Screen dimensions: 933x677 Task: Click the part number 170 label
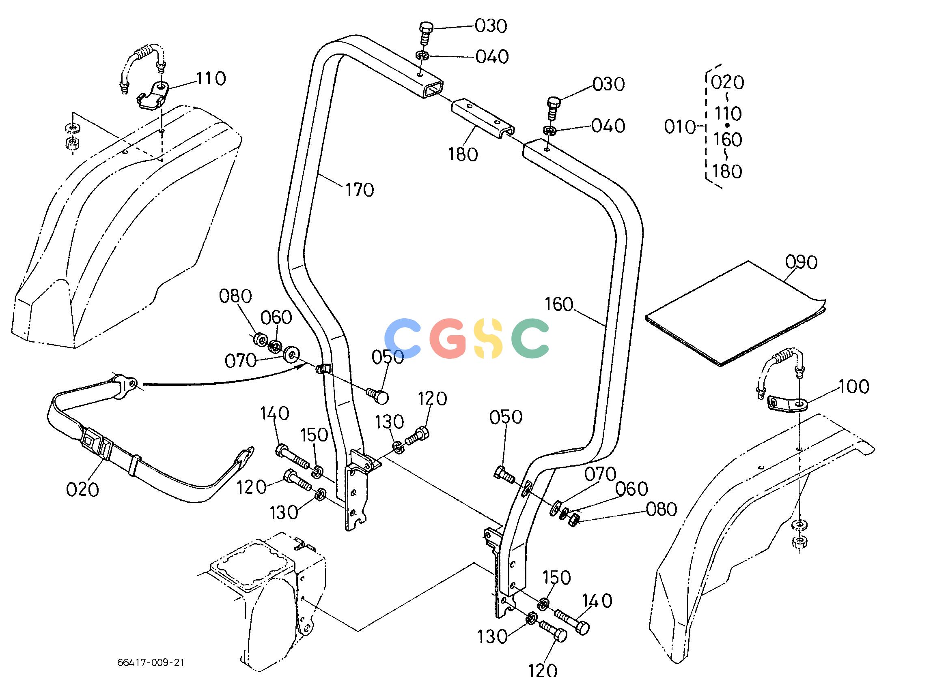(x=360, y=190)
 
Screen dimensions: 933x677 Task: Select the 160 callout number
(x=559, y=304)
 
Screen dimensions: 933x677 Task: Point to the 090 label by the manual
(x=801, y=262)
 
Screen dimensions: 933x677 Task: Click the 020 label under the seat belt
(x=83, y=490)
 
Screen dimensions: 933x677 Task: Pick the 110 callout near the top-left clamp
(x=211, y=78)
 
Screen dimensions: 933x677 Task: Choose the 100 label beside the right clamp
(x=854, y=386)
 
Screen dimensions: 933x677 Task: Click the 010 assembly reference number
(x=680, y=127)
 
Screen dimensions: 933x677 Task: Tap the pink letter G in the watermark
(x=448, y=338)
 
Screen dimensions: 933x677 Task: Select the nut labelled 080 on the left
(x=260, y=340)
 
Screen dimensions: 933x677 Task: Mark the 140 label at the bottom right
(x=597, y=601)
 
